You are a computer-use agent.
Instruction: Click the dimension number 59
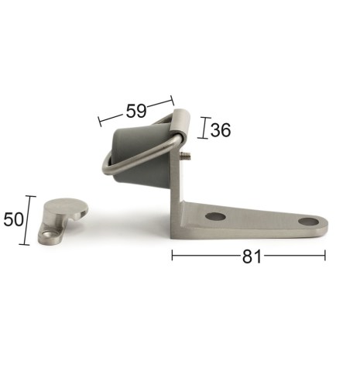coord(136,111)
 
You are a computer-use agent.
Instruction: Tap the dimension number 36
coord(221,129)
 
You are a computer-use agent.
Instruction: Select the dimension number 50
coord(13,219)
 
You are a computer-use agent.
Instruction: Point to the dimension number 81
coord(252,257)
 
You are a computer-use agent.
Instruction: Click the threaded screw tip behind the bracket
coord(186,156)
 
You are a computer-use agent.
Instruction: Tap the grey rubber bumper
coord(141,155)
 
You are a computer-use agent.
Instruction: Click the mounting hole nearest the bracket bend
coord(216,216)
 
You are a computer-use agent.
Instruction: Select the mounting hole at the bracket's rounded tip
coord(308,222)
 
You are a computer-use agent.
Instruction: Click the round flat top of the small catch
coord(67,208)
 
